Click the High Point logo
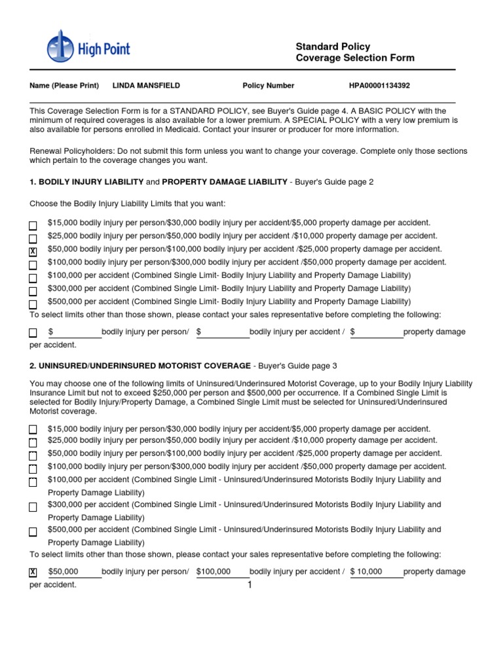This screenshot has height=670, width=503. click(88, 47)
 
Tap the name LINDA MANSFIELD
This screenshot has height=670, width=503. click(146, 86)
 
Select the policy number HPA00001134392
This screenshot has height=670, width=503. click(379, 86)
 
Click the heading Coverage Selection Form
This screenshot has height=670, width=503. click(355, 58)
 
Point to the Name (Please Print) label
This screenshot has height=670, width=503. click(64, 86)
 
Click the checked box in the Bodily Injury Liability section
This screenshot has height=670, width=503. click(33, 252)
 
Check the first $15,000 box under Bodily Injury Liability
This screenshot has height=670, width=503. click(33, 226)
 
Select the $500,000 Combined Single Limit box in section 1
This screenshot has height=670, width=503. click(33, 304)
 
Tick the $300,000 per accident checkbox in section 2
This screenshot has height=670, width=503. click(33, 507)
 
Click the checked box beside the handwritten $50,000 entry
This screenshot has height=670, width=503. click(33, 573)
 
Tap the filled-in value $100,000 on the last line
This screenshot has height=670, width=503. click(214, 571)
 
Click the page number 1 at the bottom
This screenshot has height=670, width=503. click(250, 585)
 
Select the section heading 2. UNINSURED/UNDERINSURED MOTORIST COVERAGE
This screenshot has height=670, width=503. click(140, 366)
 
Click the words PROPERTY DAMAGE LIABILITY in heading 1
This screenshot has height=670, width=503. click(225, 182)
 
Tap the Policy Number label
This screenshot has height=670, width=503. click(269, 86)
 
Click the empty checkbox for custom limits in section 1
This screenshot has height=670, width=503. click(33, 333)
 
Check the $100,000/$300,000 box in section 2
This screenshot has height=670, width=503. click(33, 469)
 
